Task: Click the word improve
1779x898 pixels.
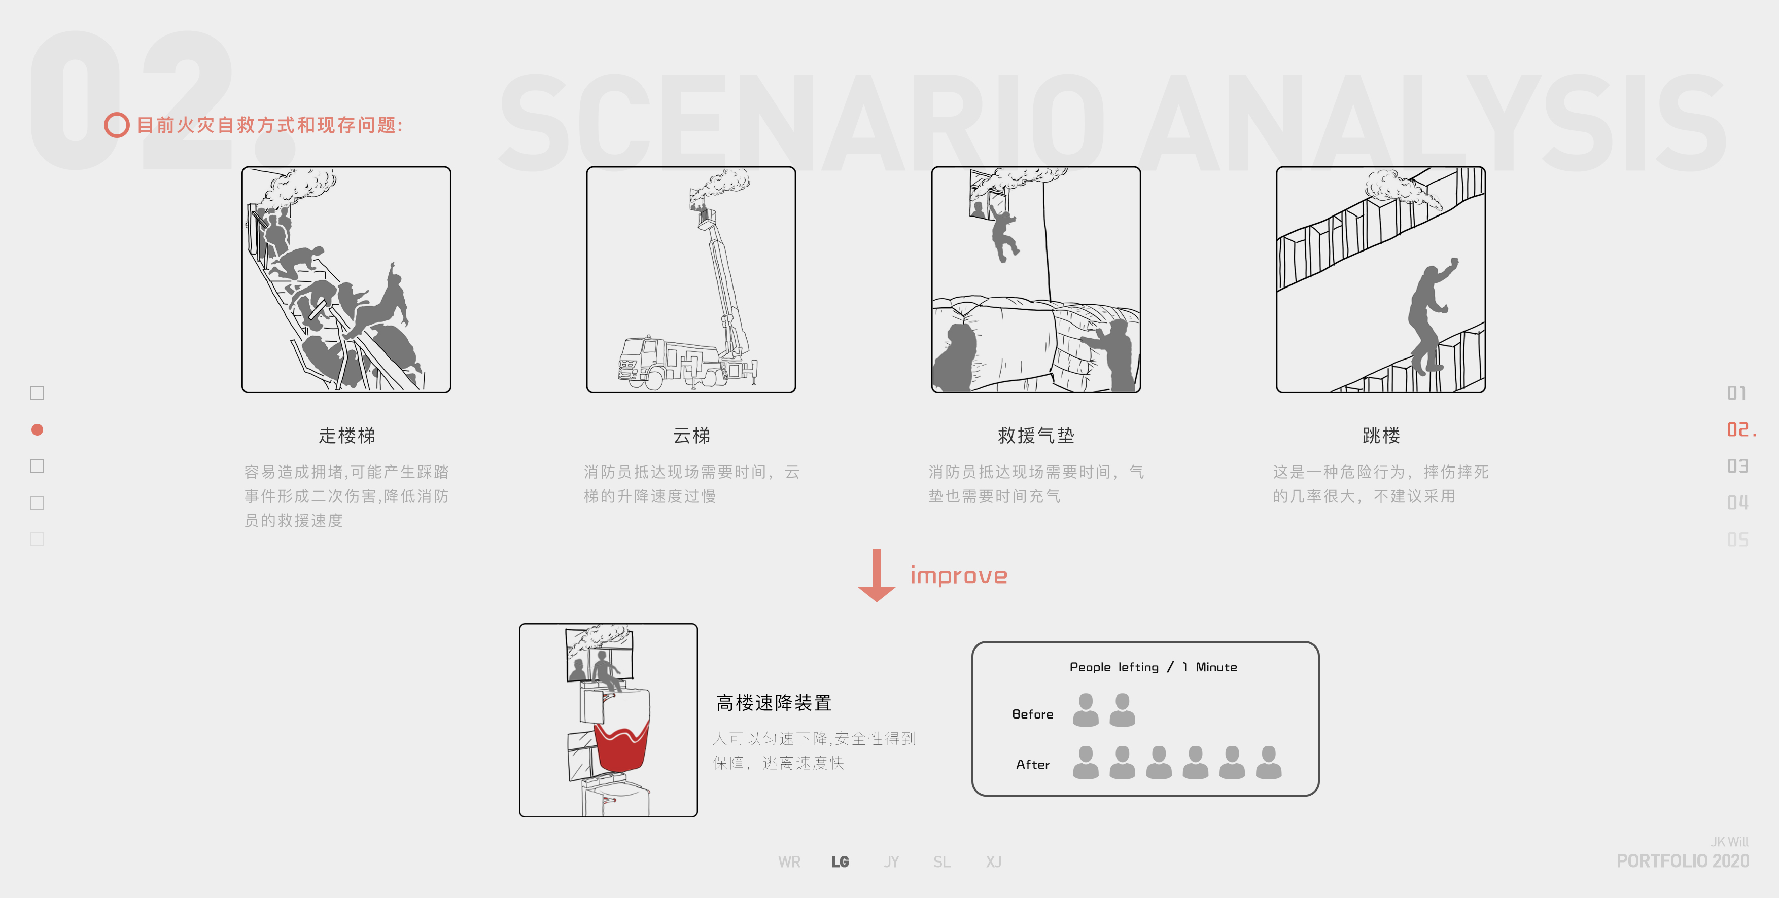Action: point(959,575)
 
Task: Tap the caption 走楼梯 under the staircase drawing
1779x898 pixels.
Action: point(346,436)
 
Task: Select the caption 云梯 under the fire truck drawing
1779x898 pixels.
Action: point(691,436)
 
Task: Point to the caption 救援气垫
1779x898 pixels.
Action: point(1036,436)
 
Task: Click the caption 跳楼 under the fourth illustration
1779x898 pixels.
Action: point(1381,436)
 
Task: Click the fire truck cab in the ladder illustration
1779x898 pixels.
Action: point(639,360)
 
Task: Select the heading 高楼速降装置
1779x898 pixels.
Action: point(774,703)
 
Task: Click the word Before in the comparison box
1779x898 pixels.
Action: point(1032,714)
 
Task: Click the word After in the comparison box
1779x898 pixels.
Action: point(1032,765)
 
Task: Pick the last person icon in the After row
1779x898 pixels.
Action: point(1269,763)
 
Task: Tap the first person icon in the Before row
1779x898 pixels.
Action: point(1086,710)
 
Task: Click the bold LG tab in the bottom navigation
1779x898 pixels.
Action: point(840,861)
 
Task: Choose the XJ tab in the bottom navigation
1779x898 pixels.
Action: point(993,861)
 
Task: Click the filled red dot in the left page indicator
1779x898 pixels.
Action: point(38,429)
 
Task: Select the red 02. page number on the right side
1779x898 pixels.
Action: point(1740,430)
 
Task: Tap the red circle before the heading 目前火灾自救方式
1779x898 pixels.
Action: point(117,125)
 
